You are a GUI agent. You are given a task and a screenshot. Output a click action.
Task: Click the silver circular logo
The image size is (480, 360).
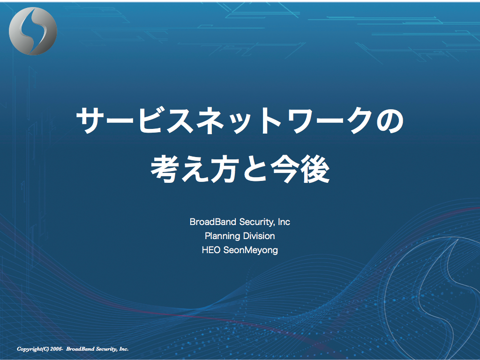(x=33, y=31)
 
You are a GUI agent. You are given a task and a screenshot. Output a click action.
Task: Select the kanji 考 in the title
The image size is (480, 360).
(x=165, y=169)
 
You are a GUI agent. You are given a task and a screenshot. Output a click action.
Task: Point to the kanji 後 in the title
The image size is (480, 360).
(x=315, y=169)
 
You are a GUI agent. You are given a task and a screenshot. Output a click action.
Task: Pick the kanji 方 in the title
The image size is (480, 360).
(x=225, y=169)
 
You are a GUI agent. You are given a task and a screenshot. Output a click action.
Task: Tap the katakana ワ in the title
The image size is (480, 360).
(x=306, y=120)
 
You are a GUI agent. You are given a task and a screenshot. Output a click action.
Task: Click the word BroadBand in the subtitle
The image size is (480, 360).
(x=213, y=222)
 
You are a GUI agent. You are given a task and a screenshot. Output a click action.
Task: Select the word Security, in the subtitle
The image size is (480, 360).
(x=257, y=222)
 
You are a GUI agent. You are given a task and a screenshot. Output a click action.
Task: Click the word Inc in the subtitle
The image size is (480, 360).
(x=284, y=222)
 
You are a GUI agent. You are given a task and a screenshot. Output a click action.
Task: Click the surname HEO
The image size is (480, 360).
(x=211, y=250)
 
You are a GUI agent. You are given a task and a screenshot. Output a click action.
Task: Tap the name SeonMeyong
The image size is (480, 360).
(x=251, y=250)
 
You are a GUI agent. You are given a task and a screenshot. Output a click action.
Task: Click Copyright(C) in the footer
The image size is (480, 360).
(x=33, y=349)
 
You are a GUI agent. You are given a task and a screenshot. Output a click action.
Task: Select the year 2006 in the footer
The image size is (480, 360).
(x=56, y=349)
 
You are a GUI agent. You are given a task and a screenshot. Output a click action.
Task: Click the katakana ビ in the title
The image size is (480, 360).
(x=150, y=120)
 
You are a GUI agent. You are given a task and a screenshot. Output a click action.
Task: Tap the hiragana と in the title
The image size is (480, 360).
(x=255, y=169)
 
